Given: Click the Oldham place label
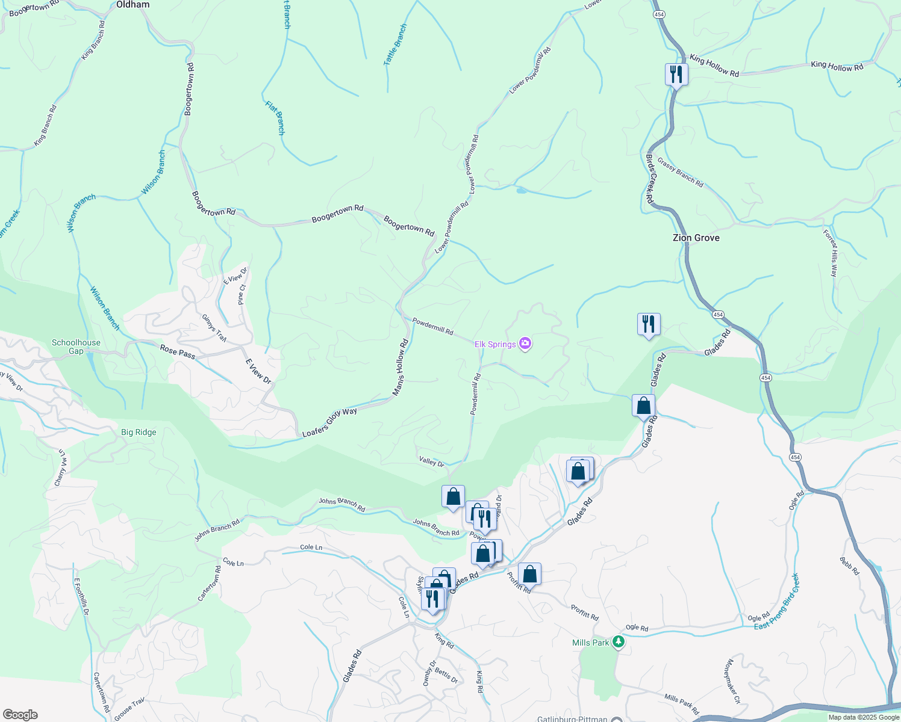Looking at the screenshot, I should coord(132,4).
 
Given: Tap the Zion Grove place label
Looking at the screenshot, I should coord(696,238).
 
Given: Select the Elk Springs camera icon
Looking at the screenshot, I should coord(525,344).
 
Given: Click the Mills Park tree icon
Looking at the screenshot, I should coord(618,642).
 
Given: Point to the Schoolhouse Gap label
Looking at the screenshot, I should coord(76,347).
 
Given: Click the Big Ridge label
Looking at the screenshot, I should coord(139,432).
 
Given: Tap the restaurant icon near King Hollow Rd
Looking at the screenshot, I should coord(676,74).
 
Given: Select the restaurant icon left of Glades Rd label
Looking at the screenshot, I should coord(649,324).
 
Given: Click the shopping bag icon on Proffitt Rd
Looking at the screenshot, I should coord(529,574).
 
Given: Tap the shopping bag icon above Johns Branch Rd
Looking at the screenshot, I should coord(453,496).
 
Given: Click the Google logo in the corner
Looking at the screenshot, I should coord(20,715).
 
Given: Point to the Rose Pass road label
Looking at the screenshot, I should coord(177,351).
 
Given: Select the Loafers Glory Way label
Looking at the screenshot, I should coord(329,422).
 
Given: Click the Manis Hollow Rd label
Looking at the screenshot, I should coord(401,368).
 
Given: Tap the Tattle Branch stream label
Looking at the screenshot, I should coord(395,45).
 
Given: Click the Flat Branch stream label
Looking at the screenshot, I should coord(275,117).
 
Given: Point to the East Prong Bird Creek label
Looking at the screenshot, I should coord(777,602).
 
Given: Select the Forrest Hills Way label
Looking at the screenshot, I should coord(831,253).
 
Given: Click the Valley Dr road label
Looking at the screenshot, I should coord(431,461).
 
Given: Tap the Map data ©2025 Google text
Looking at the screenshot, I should coord(864,717).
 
